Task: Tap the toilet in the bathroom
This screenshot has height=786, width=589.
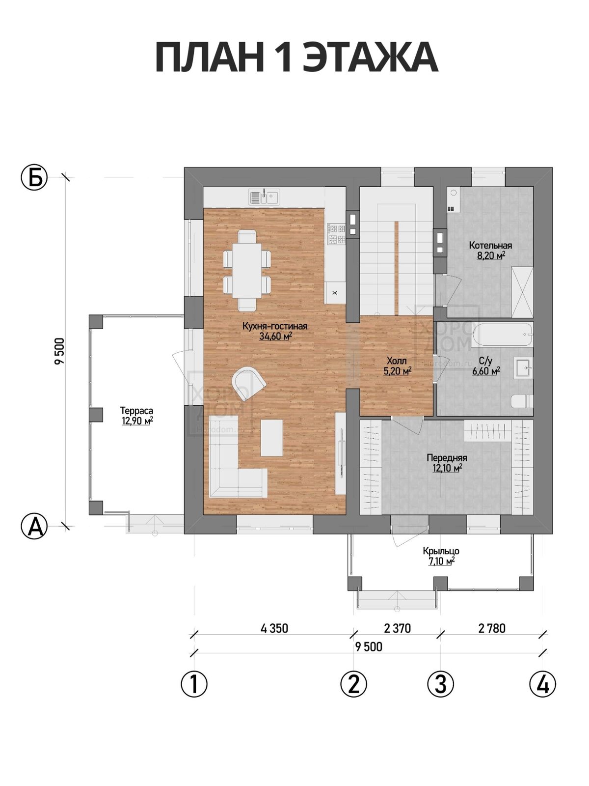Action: [x=522, y=401]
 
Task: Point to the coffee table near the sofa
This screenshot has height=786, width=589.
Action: [x=272, y=438]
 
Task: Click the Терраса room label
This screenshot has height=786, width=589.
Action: [x=137, y=411]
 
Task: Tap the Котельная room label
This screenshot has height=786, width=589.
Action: [x=490, y=245]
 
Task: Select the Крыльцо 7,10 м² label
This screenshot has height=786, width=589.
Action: [x=441, y=556]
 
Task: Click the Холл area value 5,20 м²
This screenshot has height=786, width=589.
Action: [x=397, y=371]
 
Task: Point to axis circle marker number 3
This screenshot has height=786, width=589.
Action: [x=441, y=684]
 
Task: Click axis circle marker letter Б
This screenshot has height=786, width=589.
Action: [x=34, y=177]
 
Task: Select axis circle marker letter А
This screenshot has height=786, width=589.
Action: [x=34, y=526]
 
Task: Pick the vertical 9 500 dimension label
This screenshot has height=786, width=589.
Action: [x=59, y=351]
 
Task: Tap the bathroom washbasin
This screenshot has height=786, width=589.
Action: [x=524, y=367]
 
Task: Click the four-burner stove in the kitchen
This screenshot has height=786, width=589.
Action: [x=337, y=234]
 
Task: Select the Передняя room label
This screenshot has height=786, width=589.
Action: [x=447, y=458]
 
